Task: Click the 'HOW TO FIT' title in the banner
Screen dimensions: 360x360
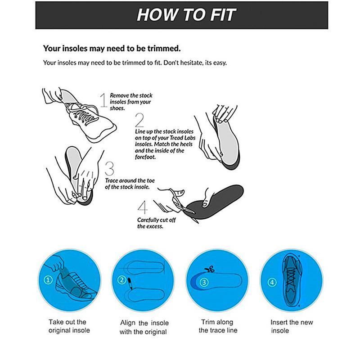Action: pos(186,14)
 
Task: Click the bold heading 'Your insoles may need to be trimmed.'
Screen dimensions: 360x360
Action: pos(112,48)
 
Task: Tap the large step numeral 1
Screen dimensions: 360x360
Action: pos(103,100)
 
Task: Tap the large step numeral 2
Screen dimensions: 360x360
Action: pos(139,121)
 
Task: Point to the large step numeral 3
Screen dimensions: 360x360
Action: pos(109,169)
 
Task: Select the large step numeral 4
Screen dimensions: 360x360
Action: pos(143,208)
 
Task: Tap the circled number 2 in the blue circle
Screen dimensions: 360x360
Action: pos(121,280)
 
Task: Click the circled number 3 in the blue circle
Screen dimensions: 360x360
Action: pos(204,282)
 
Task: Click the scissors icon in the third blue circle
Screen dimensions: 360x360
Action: pos(208,270)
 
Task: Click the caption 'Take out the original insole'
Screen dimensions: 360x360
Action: pos(69,326)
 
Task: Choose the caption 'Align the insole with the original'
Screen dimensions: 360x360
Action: pos(144,327)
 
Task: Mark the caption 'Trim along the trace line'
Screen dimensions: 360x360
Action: pos(218,326)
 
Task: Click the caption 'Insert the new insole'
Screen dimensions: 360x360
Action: pos(292,326)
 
